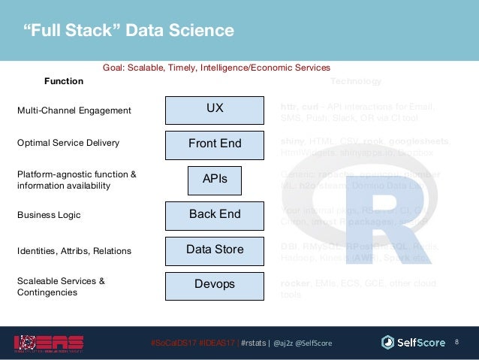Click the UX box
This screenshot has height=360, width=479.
(215, 110)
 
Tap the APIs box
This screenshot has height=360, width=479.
(215, 180)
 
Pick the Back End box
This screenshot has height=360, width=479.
(215, 215)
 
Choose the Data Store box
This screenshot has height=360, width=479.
(215, 250)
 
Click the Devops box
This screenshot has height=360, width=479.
(215, 285)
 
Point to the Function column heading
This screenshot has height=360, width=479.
(64, 81)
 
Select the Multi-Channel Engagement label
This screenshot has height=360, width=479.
(74, 110)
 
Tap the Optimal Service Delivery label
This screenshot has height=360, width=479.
(68, 142)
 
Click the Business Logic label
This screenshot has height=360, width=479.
(49, 215)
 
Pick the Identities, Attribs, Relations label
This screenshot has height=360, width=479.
(74, 250)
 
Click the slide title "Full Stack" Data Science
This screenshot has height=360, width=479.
(125, 31)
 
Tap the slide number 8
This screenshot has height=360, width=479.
(457, 343)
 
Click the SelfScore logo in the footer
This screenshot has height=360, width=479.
(414, 343)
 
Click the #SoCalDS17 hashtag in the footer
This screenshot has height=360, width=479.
(173, 343)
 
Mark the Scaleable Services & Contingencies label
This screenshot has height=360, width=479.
(60, 286)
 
